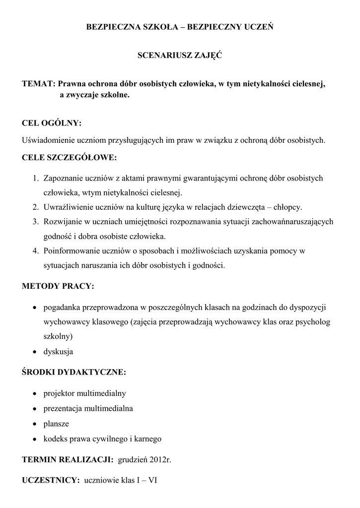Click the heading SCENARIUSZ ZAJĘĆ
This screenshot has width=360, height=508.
click(x=179, y=56)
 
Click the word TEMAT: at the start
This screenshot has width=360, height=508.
click(x=39, y=84)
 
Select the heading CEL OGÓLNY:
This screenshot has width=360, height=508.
click(x=52, y=123)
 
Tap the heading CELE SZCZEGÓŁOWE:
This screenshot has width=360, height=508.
click(x=70, y=158)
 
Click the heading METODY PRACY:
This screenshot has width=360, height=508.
click(x=58, y=287)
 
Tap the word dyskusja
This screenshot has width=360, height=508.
click(x=59, y=352)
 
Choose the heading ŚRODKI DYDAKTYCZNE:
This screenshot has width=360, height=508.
click(x=74, y=372)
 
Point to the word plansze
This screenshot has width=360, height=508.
click(x=57, y=424)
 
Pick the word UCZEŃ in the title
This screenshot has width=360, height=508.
click(x=259, y=28)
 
